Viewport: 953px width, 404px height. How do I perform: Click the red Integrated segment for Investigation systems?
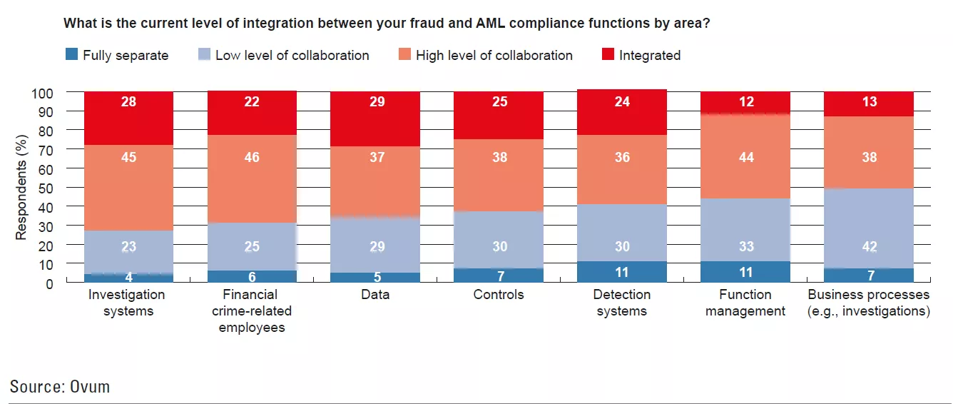[129, 118]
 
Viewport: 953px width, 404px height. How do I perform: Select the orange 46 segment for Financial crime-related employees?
[253, 178]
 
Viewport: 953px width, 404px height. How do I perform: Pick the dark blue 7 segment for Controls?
[499, 276]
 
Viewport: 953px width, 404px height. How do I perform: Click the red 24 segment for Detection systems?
[622, 112]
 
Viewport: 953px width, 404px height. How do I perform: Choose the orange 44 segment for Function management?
[745, 156]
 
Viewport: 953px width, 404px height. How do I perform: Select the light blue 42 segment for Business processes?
[869, 228]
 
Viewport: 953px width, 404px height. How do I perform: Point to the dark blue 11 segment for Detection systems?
[622, 272]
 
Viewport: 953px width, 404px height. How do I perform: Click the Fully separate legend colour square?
[71, 55]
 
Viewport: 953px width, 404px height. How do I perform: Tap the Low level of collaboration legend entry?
[292, 55]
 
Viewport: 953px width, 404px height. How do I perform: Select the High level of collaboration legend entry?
[494, 55]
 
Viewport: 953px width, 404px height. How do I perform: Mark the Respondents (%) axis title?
[21, 188]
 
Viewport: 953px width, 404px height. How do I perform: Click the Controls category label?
[499, 295]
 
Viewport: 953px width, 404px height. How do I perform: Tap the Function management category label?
[745, 303]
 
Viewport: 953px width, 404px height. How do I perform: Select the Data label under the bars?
[376, 295]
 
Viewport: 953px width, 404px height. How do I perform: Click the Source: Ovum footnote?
[60, 387]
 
